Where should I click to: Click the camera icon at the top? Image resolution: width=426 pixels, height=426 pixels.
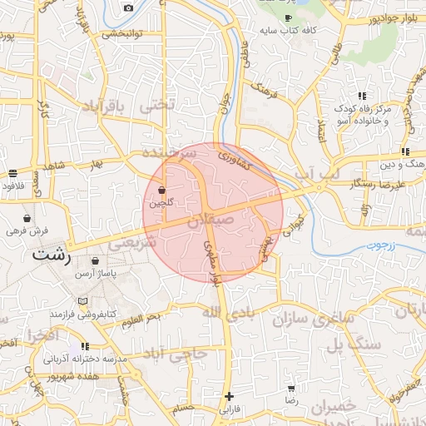point(128,8)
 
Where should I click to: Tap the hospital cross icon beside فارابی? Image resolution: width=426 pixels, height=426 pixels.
point(230,396)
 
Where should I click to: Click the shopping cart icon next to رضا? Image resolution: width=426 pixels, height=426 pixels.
point(292,389)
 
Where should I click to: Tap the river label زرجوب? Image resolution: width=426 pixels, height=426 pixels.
point(384,247)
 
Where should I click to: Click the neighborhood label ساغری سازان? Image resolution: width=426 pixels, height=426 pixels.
point(323,319)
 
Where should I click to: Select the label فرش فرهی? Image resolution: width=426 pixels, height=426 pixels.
point(29,230)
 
